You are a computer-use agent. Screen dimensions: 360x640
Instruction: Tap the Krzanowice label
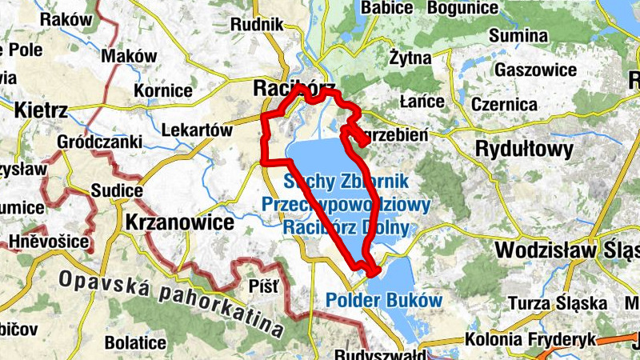(x=177, y=220)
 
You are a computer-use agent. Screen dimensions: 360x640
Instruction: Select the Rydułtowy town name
(x=524, y=149)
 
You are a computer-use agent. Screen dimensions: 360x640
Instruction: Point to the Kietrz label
(x=41, y=110)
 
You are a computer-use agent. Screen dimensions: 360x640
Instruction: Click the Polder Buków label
(x=384, y=301)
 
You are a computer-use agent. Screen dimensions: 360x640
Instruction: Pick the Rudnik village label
(x=257, y=25)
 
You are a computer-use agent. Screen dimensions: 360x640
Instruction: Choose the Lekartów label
(x=196, y=130)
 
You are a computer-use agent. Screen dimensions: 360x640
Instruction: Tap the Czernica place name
(x=504, y=105)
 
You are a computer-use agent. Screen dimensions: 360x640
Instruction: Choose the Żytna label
(x=410, y=58)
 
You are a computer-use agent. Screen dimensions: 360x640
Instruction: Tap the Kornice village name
(x=163, y=90)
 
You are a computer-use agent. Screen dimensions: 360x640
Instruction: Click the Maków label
(x=130, y=56)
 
